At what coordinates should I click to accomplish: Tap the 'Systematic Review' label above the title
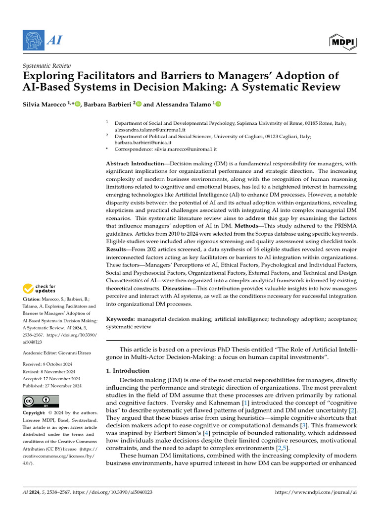pos(47,66)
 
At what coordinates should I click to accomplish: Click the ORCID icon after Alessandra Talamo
pos(218,104)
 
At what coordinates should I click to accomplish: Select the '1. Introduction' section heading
pos(128,371)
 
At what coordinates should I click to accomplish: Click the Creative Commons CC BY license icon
pos(41,401)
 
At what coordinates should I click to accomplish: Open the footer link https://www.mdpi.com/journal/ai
pos(315,492)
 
